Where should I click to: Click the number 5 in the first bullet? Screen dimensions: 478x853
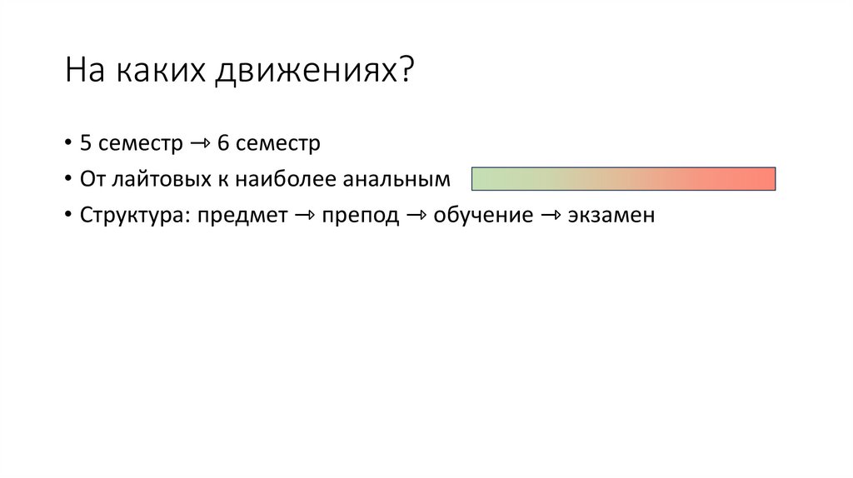pyautogui.click(x=86, y=143)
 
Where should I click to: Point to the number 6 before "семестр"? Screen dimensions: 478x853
pyautogui.click(x=223, y=143)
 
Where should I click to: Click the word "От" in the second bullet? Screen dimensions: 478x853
pyautogui.click(x=91, y=179)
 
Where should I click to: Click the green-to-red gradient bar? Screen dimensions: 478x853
pyautogui.click(x=623, y=179)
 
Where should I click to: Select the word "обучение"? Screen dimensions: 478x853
pyautogui.click(x=483, y=216)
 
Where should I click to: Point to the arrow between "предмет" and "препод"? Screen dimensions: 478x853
pyautogui.click(x=304, y=216)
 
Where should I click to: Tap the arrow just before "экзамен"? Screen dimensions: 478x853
pyautogui.click(x=551, y=216)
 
